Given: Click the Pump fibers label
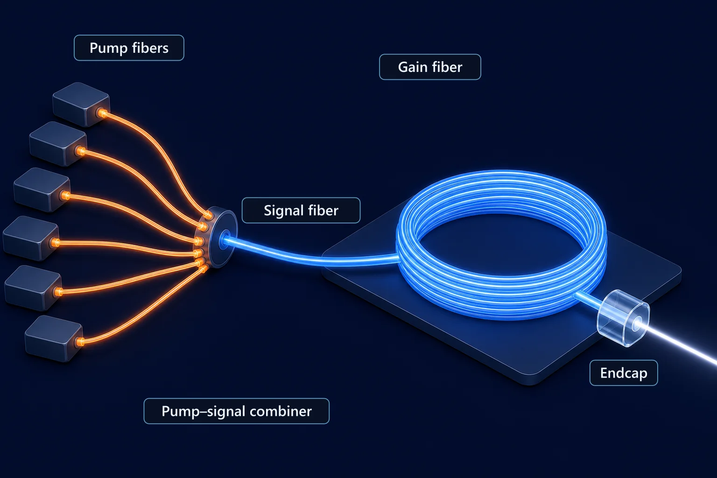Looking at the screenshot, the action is tap(129, 48).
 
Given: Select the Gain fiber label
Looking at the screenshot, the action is tap(430, 67).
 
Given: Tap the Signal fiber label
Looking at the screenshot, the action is tap(301, 211).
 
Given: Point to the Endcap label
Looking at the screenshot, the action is tap(624, 373).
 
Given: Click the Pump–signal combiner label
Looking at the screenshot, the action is tap(237, 411).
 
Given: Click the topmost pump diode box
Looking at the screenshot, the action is tap(81, 104).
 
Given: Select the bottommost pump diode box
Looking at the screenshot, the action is tap(54, 338).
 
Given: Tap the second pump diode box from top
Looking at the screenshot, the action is tap(58, 143).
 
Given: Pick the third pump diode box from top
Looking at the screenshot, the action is tap(42, 190).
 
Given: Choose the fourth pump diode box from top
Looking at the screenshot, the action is tap(31, 238).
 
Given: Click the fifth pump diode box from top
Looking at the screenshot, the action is tap(33, 288).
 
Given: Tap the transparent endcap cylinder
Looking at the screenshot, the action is tap(623, 318).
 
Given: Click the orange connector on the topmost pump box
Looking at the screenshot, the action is tap(102, 113).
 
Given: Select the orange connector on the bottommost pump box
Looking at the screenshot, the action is tap(80, 342).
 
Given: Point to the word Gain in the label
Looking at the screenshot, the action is tap(412, 67).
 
